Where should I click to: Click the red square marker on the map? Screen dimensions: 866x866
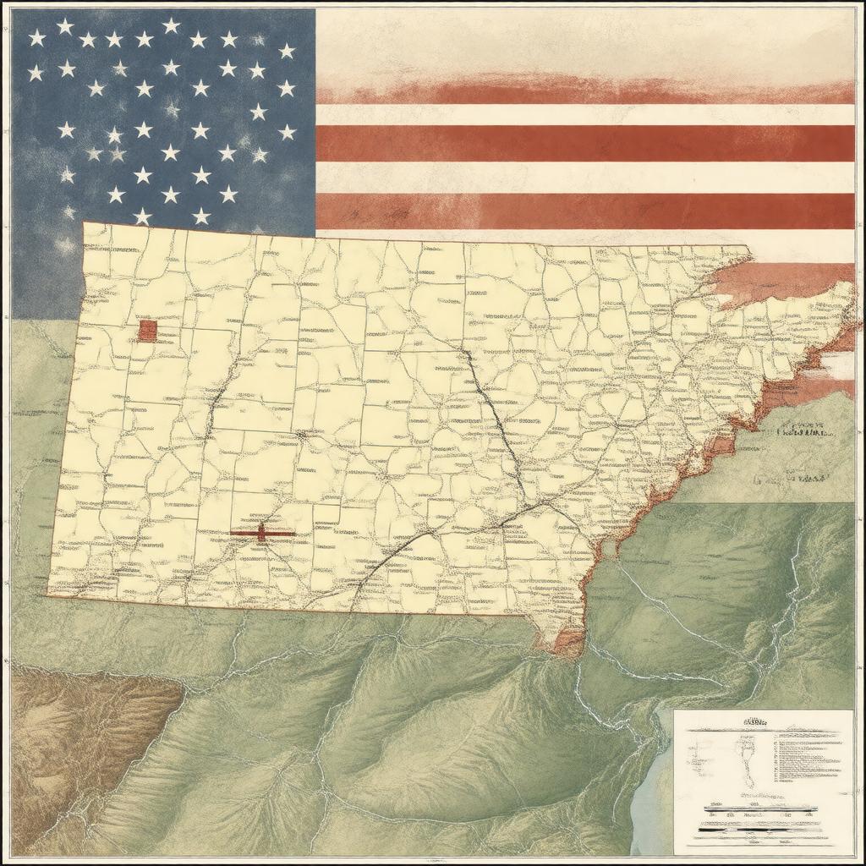pyautogui.click(x=147, y=331)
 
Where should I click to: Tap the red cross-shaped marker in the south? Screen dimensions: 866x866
pyautogui.click(x=262, y=533)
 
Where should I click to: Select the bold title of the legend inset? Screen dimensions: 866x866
pyautogui.click(x=754, y=723)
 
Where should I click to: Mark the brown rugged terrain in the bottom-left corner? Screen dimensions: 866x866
pyautogui.click(x=76, y=727)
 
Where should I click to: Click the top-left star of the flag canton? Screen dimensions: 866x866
pyautogui.click(x=36, y=37)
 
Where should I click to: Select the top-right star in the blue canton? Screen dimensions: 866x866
pyautogui.click(x=287, y=51)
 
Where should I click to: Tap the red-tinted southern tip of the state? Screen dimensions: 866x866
pyautogui.click(x=565, y=641)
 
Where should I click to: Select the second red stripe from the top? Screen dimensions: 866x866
pyautogui.click(x=584, y=143)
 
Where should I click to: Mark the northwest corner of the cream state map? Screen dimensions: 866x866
pyautogui.click(x=84, y=223)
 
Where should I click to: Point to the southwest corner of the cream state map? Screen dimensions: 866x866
pyautogui.click(x=48, y=595)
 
